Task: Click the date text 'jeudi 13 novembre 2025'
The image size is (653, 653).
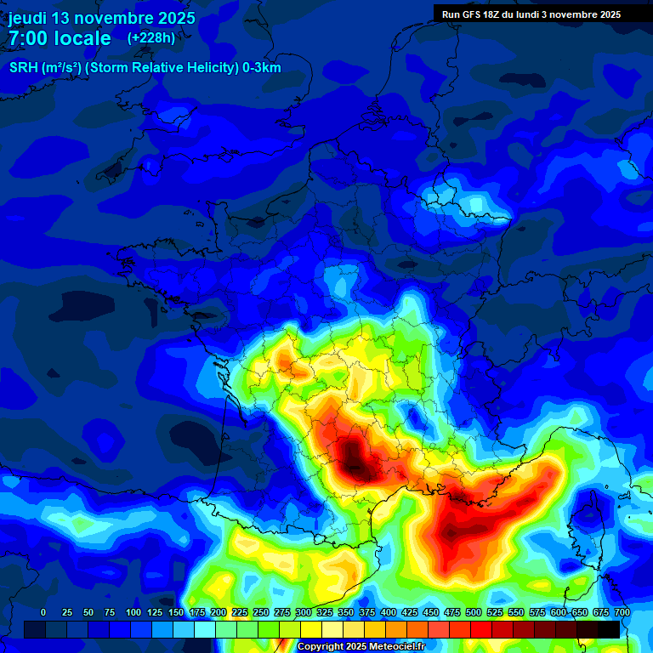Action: [x=101, y=18]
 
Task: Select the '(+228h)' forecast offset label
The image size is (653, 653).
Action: [x=150, y=37]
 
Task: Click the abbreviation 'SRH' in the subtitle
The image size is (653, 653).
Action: [x=24, y=68]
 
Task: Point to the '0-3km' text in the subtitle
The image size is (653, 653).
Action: [x=261, y=68]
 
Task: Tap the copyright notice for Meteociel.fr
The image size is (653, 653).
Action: [x=361, y=647]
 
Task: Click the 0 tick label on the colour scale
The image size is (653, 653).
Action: [x=43, y=612]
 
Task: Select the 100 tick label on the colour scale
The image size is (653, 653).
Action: [x=133, y=612]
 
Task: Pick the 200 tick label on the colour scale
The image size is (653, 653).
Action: [x=219, y=612]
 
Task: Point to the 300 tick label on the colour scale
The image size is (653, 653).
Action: [x=304, y=612]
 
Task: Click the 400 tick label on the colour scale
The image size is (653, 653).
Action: [x=389, y=612]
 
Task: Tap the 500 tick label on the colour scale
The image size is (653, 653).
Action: [x=474, y=612]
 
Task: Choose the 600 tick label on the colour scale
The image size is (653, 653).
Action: [x=559, y=612]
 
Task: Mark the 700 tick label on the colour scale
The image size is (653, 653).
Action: [x=622, y=612]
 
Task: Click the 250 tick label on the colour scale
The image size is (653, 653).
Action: [x=261, y=612]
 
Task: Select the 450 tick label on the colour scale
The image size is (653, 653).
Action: [x=431, y=612]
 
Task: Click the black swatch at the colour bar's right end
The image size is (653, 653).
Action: [x=609, y=629]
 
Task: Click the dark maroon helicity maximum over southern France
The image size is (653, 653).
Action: [x=357, y=459]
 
